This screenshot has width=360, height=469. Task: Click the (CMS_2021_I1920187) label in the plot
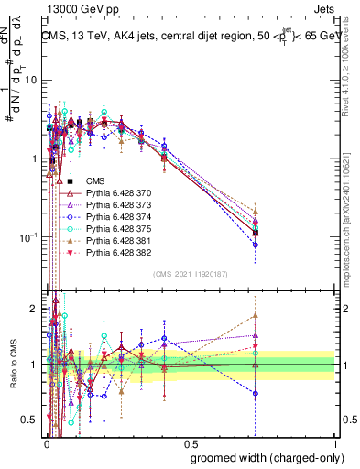pos(190,274)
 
